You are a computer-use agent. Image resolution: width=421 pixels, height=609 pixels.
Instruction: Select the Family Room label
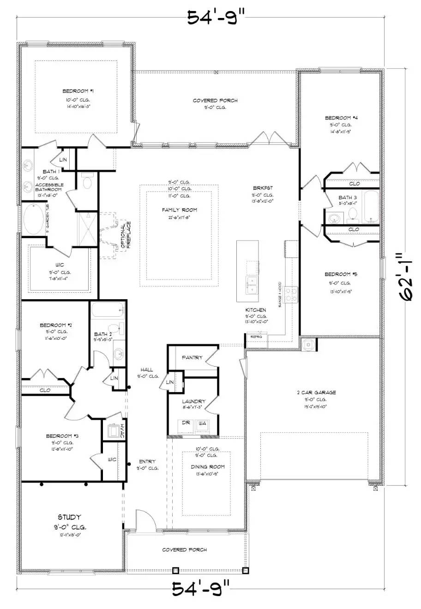tap(180, 210)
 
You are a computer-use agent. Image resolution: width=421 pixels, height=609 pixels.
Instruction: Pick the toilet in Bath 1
tap(87, 181)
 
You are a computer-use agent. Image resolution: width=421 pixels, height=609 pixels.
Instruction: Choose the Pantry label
tap(192, 357)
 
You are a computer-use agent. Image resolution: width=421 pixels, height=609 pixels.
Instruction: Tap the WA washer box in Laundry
tap(202, 423)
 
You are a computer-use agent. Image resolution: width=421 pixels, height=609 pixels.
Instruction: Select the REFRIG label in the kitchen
tap(256, 337)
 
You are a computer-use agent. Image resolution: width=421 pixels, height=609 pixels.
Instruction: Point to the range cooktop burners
tap(291, 294)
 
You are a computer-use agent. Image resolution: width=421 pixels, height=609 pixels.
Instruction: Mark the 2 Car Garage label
tap(316, 392)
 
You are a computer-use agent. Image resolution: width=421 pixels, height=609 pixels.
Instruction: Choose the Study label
tap(70, 517)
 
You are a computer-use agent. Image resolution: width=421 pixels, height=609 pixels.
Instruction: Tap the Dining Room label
tap(208, 467)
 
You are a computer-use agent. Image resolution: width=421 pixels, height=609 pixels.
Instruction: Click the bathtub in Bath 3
tap(371, 207)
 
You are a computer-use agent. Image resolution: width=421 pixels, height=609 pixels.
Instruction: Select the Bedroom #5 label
tap(341, 274)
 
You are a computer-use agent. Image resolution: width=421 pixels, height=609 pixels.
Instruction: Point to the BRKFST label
tap(263, 188)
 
